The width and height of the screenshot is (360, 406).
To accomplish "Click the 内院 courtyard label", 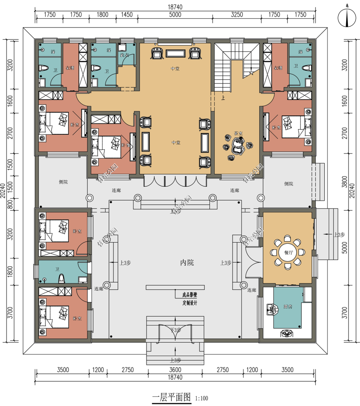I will (x=187, y=263).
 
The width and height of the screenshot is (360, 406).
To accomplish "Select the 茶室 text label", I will (x=238, y=134).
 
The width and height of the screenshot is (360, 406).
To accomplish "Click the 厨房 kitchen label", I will (x=288, y=307).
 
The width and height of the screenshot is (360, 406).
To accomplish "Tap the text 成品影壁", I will (x=190, y=295).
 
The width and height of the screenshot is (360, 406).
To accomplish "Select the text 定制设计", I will (x=190, y=303).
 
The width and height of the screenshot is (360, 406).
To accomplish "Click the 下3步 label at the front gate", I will (x=175, y=330).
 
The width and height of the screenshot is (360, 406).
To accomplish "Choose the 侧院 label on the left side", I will (x=63, y=182).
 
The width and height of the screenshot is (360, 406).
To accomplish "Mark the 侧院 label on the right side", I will (x=289, y=184).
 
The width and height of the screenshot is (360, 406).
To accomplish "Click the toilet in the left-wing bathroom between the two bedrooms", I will (x=62, y=279).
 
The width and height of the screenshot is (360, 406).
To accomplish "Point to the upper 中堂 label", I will (x=175, y=69).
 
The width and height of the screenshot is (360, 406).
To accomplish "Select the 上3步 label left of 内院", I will (x=125, y=263).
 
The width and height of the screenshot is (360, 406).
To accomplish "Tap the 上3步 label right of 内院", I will (x=226, y=263).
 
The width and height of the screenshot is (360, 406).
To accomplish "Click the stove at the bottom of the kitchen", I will (x=287, y=333).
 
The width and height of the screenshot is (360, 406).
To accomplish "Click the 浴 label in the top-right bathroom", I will (x=300, y=52).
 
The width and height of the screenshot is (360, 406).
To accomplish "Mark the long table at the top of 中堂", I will (x=175, y=53).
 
